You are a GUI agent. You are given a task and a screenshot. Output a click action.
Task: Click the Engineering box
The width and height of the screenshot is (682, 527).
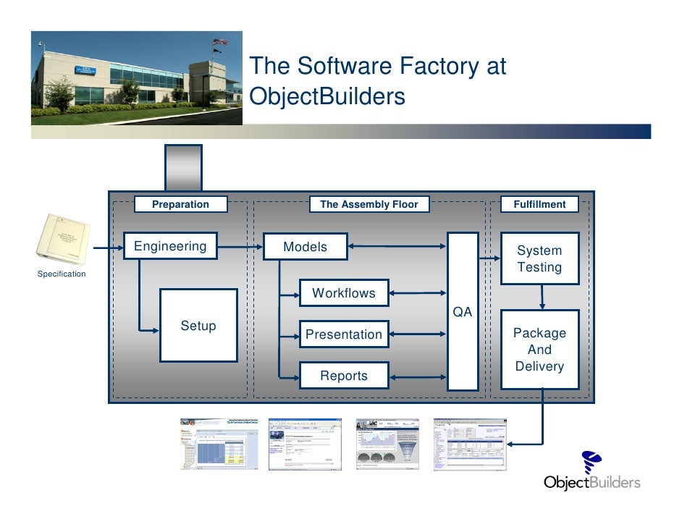[x=170, y=246]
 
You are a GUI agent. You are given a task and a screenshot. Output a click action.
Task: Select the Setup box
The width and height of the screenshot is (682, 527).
[x=198, y=326]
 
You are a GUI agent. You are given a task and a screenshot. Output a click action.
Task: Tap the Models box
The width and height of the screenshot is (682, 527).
[x=305, y=247]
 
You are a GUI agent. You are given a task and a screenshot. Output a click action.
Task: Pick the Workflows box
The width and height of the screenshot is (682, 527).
[x=344, y=293]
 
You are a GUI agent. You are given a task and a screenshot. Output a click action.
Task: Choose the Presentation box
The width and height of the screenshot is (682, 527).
[x=344, y=334]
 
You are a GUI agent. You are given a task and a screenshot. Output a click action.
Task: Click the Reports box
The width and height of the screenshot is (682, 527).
[x=344, y=376]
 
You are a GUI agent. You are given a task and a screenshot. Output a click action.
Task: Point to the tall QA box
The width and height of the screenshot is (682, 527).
[x=463, y=311]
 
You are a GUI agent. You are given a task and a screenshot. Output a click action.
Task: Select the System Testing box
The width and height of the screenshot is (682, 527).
[x=539, y=258]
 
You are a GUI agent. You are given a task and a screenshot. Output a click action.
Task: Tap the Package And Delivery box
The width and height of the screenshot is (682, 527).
[x=539, y=349]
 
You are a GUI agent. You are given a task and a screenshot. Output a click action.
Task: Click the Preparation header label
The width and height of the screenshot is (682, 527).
[x=180, y=205]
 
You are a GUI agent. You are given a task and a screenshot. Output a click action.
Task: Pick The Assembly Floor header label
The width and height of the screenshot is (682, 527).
[x=369, y=205]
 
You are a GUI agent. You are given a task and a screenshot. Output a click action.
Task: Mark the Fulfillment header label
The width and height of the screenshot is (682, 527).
[x=539, y=205]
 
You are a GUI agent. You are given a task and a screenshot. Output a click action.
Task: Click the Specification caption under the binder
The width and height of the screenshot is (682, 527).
[x=62, y=274]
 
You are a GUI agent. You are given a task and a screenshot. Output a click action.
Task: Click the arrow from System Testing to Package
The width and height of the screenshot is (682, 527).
[x=542, y=297]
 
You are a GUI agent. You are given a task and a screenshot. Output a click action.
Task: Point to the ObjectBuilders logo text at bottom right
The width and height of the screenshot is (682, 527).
[x=592, y=483]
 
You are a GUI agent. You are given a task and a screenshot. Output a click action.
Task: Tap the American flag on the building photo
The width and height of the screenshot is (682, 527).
[x=219, y=42]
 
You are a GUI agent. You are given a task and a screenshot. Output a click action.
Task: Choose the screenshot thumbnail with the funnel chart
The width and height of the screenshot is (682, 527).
[x=385, y=444]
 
